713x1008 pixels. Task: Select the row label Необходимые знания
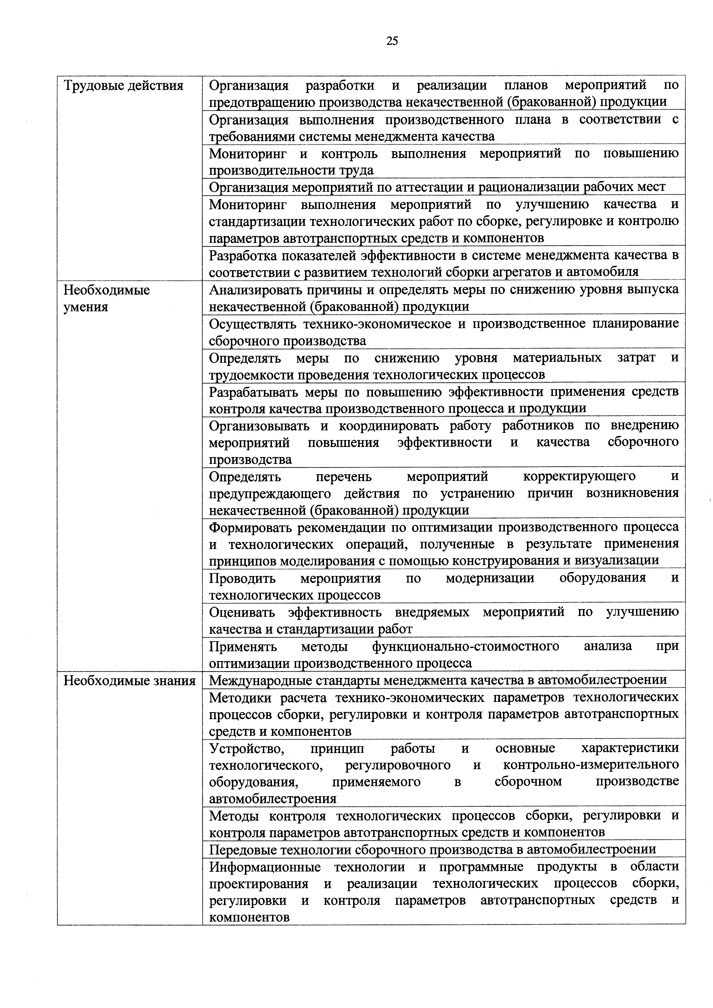[x=129, y=681]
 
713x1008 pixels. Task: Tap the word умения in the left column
[x=86, y=307]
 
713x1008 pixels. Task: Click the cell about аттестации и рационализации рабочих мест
[x=437, y=187]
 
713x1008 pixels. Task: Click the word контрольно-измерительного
[x=591, y=765]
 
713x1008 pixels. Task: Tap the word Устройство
[x=247, y=748]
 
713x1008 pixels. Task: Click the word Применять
[x=243, y=646]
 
